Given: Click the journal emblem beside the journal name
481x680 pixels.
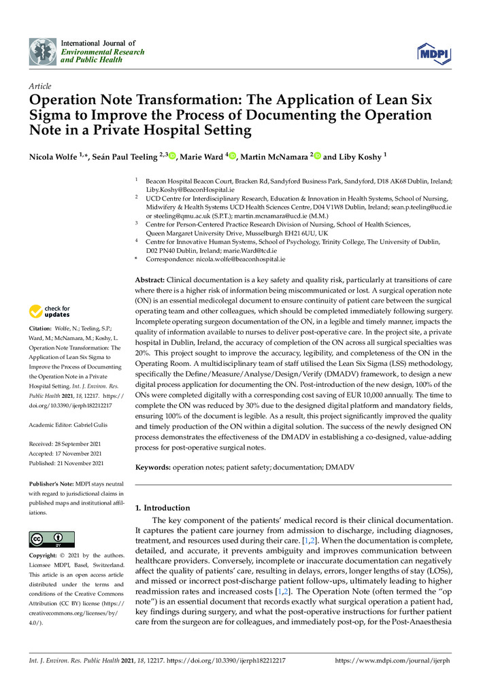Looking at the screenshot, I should pyautogui.click(x=43, y=51).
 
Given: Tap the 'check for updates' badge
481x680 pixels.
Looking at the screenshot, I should pyautogui.click(x=49, y=312).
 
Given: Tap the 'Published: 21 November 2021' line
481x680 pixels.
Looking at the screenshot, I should pyautogui.click(x=67, y=463).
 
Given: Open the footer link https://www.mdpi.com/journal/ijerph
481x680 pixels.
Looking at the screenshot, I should pyautogui.click(x=393, y=660).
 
